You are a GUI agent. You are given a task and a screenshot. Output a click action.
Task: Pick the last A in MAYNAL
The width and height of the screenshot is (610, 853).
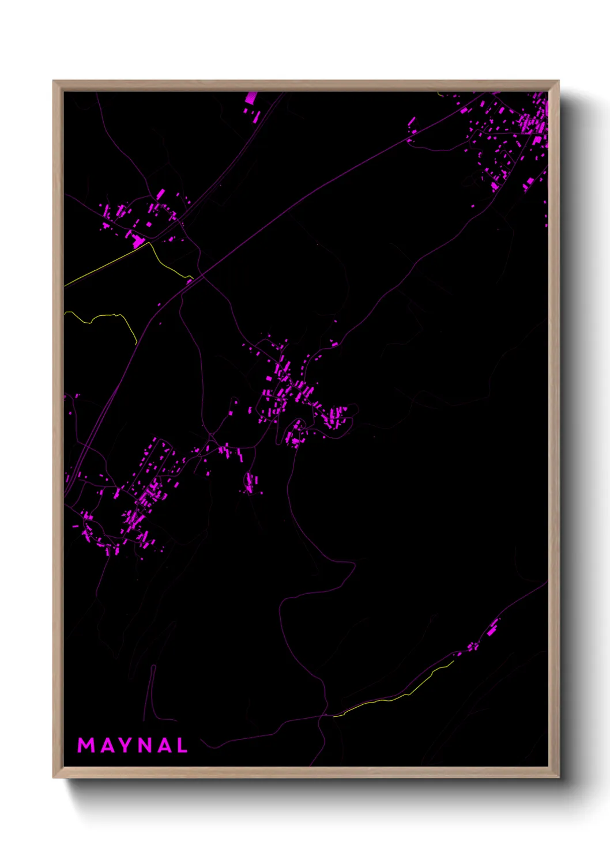pos(164,745)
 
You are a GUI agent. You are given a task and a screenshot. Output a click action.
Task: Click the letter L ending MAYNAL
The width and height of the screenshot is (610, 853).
pos(182,745)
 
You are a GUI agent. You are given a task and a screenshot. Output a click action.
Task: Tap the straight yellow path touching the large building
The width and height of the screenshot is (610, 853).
pos(104,265)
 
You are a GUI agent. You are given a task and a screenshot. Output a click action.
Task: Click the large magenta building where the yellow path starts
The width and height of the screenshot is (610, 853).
pos(138,241)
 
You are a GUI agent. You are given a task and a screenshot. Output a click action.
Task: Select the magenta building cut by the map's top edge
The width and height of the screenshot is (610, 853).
pos(251,97)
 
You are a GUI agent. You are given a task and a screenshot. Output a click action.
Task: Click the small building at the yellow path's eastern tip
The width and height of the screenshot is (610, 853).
pos(189,281)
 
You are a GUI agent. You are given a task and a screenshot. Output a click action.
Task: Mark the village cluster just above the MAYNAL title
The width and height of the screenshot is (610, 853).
pos(133,507)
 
